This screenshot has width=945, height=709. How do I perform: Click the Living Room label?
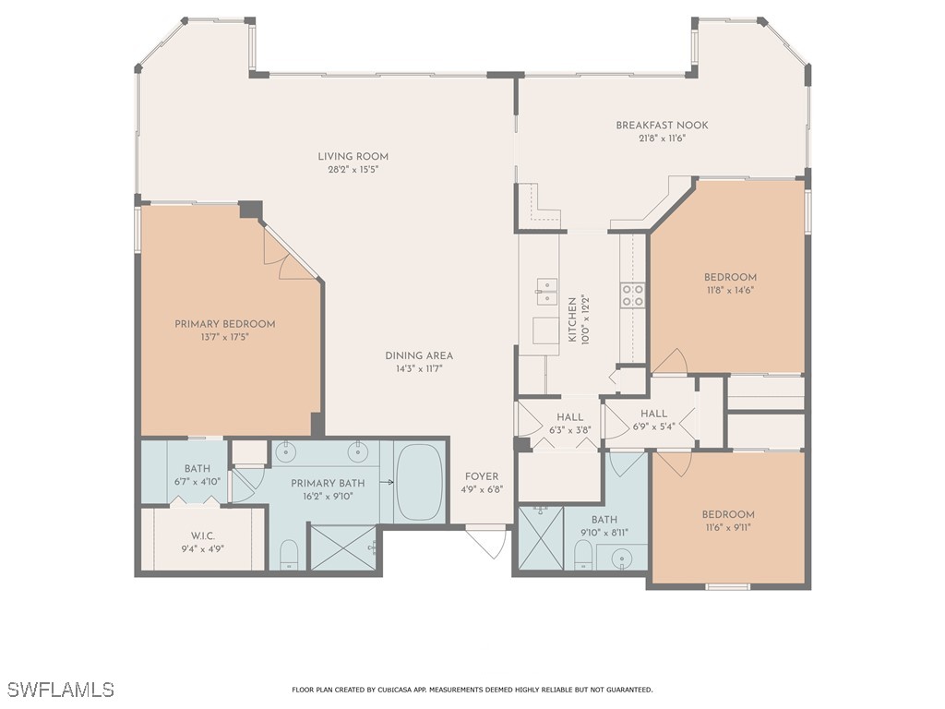tap(353, 156)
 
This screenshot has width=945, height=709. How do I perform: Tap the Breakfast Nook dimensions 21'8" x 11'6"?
tap(662, 138)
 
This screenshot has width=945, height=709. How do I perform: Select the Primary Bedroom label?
tap(225, 324)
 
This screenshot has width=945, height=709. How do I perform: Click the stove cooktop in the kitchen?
tap(632, 294)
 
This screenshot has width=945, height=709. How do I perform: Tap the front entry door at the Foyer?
tap(487, 540)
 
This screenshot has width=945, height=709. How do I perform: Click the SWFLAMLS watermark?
tap(60, 690)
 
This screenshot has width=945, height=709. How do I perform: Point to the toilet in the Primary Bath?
tap(289, 554)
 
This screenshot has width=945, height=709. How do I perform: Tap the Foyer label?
tap(482, 477)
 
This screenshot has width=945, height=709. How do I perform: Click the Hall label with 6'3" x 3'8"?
tap(570, 417)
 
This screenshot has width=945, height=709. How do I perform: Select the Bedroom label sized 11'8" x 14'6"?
tap(730, 277)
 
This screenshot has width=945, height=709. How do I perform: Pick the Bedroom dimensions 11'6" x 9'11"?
tap(728, 528)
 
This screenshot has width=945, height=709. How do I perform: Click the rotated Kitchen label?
tap(572, 319)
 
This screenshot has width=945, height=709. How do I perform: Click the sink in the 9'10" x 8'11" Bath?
tap(618, 557)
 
